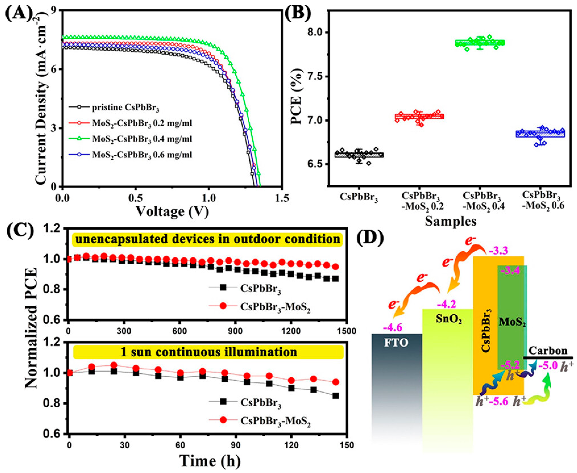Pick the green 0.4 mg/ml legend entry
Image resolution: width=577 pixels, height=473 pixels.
[x=142, y=139]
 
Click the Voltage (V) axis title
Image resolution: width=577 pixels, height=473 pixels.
[x=172, y=211]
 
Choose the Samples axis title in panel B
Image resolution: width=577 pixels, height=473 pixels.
[x=451, y=221]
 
